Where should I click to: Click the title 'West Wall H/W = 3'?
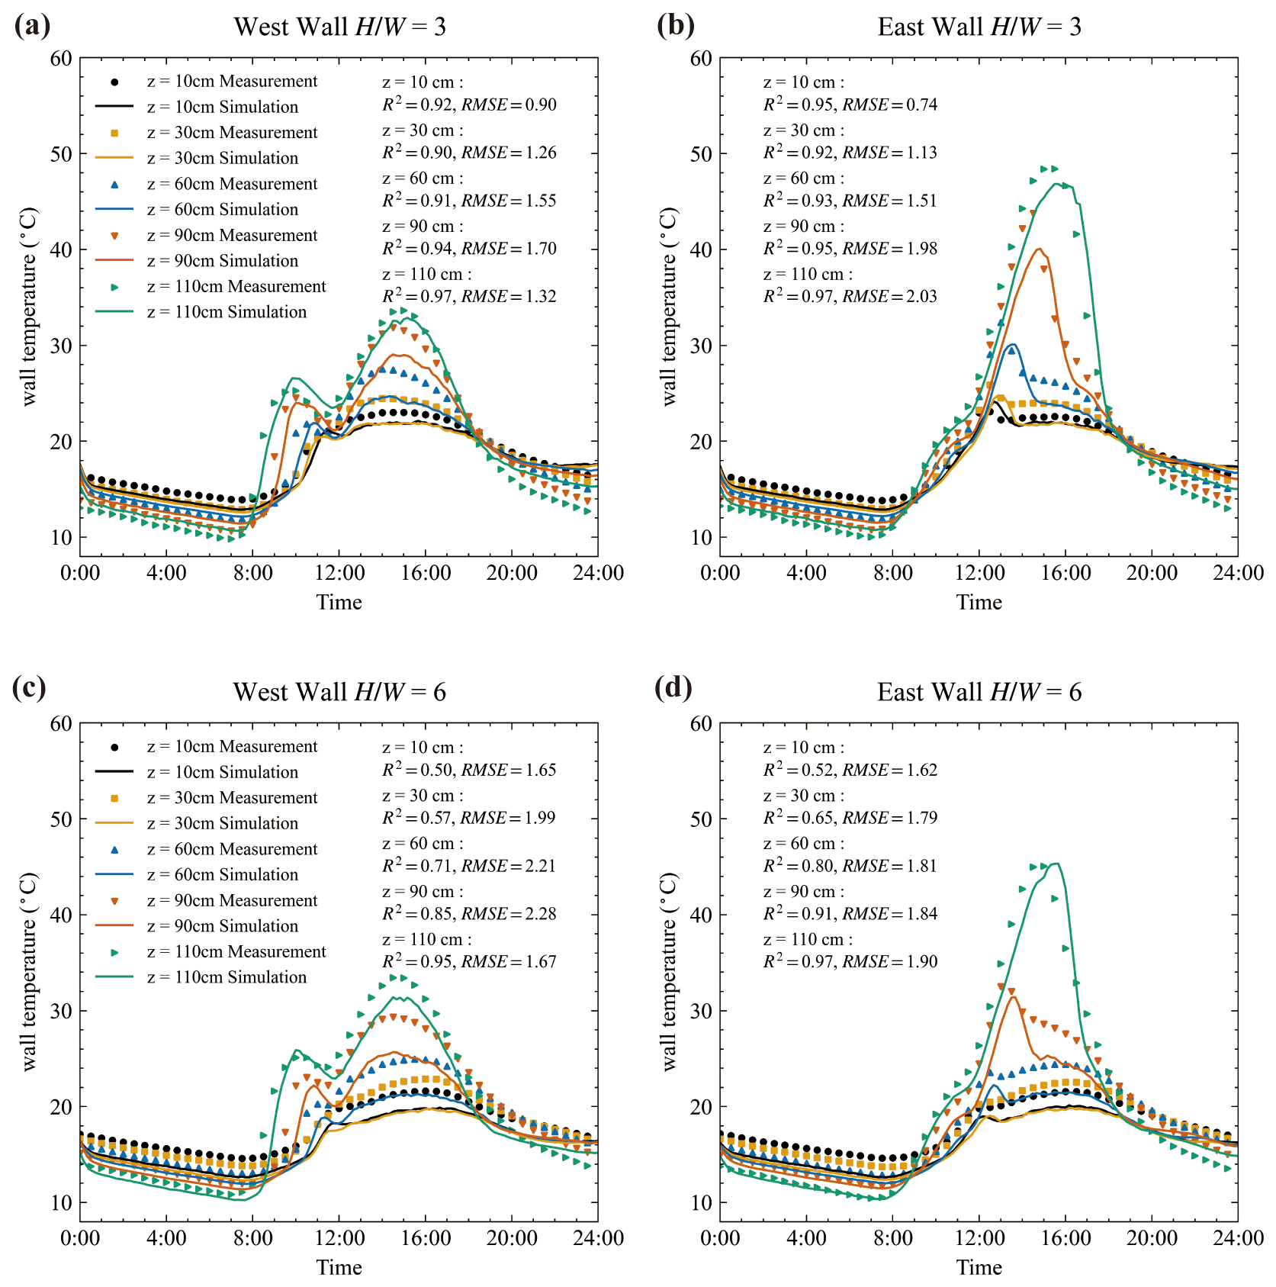tap(339, 27)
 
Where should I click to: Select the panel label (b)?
tap(675, 25)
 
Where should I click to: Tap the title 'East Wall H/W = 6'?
tap(979, 692)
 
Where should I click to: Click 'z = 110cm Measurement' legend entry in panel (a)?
tap(236, 286)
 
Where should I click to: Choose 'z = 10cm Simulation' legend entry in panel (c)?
tap(222, 772)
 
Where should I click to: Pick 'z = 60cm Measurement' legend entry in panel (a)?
tap(232, 184)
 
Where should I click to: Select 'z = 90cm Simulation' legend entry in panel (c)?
tap(222, 926)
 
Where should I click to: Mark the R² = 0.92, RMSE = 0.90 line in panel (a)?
tap(469, 105)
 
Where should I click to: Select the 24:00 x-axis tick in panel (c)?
tap(598, 1238)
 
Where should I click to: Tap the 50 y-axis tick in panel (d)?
tap(700, 819)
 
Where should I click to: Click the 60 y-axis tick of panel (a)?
tap(60, 59)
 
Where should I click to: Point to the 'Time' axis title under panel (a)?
tap(339, 603)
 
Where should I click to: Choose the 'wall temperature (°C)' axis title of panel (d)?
tap(669, 972)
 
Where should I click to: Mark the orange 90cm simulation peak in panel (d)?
tap(1014, 996)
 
